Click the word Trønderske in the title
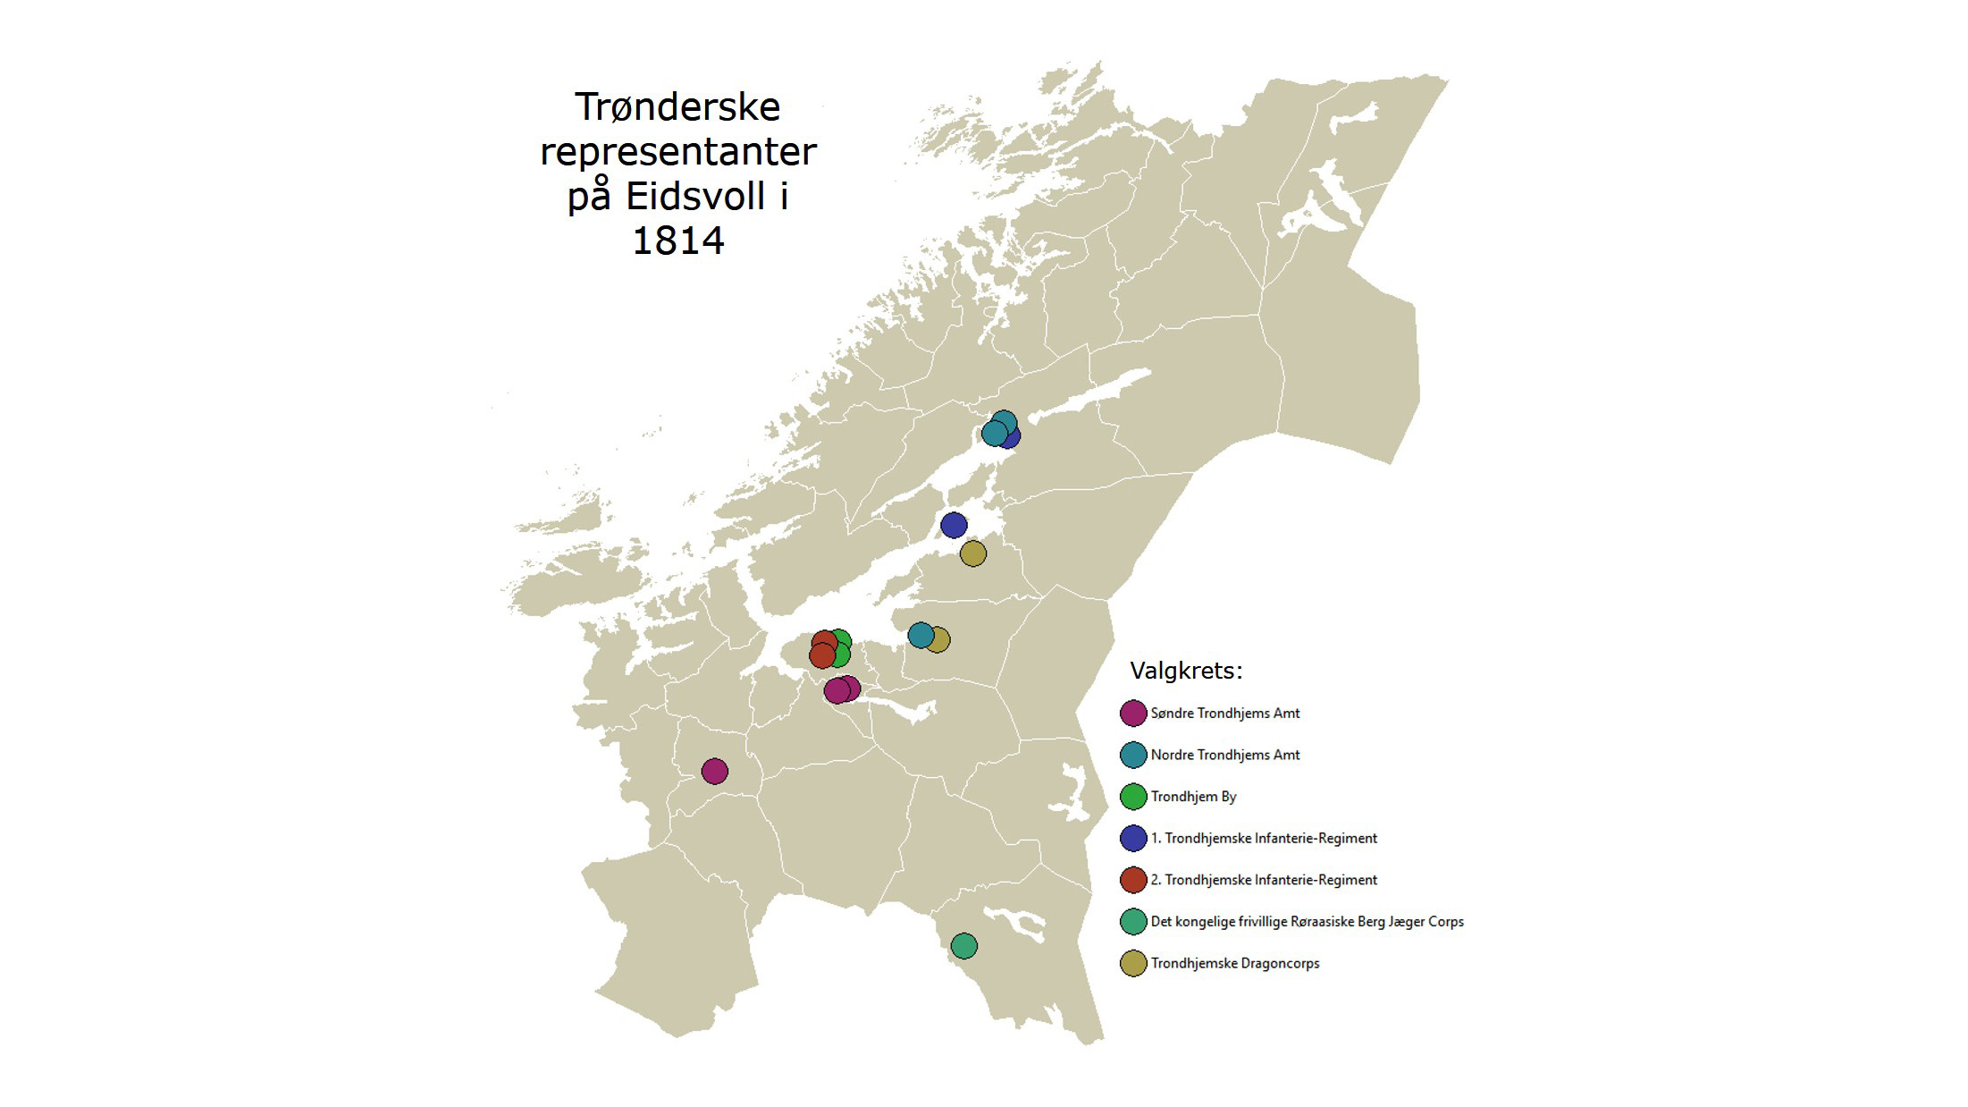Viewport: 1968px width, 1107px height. pos(677,107)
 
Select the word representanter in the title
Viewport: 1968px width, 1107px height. pos(677,152)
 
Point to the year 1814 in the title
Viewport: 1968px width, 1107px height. pos(677,241)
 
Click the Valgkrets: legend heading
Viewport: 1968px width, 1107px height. pos(1186,671)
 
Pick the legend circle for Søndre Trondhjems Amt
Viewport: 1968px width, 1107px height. pos(1133,714)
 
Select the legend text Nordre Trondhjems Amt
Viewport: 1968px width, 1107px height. pos(1224,755)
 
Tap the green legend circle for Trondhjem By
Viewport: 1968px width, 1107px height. pos(1133,797)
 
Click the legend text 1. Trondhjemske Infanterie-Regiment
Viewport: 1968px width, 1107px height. pos(1264,838)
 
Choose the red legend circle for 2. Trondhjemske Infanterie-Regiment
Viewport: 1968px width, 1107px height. pos(1133,880)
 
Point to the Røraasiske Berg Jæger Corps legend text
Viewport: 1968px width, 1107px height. pos(1307,921)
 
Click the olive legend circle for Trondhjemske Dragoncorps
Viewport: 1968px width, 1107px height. pos(1133,963)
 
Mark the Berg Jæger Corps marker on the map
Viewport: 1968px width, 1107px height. pos(963,945)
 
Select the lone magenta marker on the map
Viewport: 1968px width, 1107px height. pos(714,771)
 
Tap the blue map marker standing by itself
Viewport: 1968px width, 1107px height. pos(954,525)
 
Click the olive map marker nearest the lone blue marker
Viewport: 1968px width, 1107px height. pos(972,553)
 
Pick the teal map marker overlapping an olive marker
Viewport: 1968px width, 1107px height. pos(920,635)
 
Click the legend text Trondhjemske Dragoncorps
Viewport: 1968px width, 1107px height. pos(1234,963)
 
